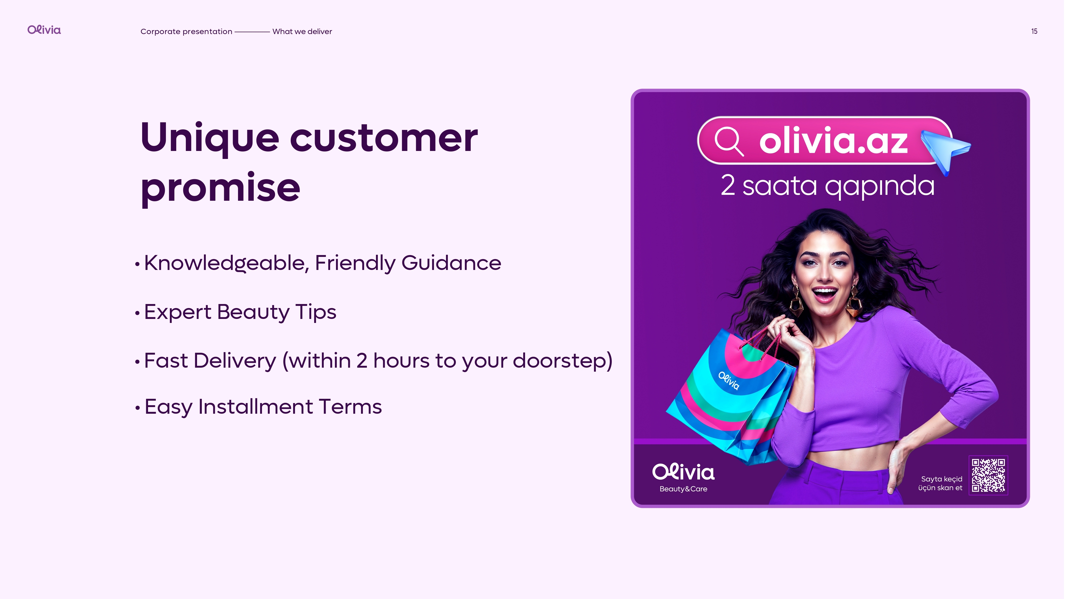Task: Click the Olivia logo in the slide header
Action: pos(44,30)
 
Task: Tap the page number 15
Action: pos(1034,31)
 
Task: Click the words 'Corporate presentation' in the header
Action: pos(186,31)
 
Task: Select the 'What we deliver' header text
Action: pos(302,31)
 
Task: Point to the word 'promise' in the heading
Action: pos(220,188)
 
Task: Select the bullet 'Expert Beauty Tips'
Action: pos(240,312)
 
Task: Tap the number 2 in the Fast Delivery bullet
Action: pos(362,361)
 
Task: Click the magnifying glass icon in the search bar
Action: pos(729,141)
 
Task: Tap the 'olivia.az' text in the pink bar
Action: pos(833,141)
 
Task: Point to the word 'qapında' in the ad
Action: pos(880,186)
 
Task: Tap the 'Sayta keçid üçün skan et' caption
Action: pos(941,483)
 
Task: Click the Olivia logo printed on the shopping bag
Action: pos(729,381)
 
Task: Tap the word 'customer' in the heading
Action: pos(384,138)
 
